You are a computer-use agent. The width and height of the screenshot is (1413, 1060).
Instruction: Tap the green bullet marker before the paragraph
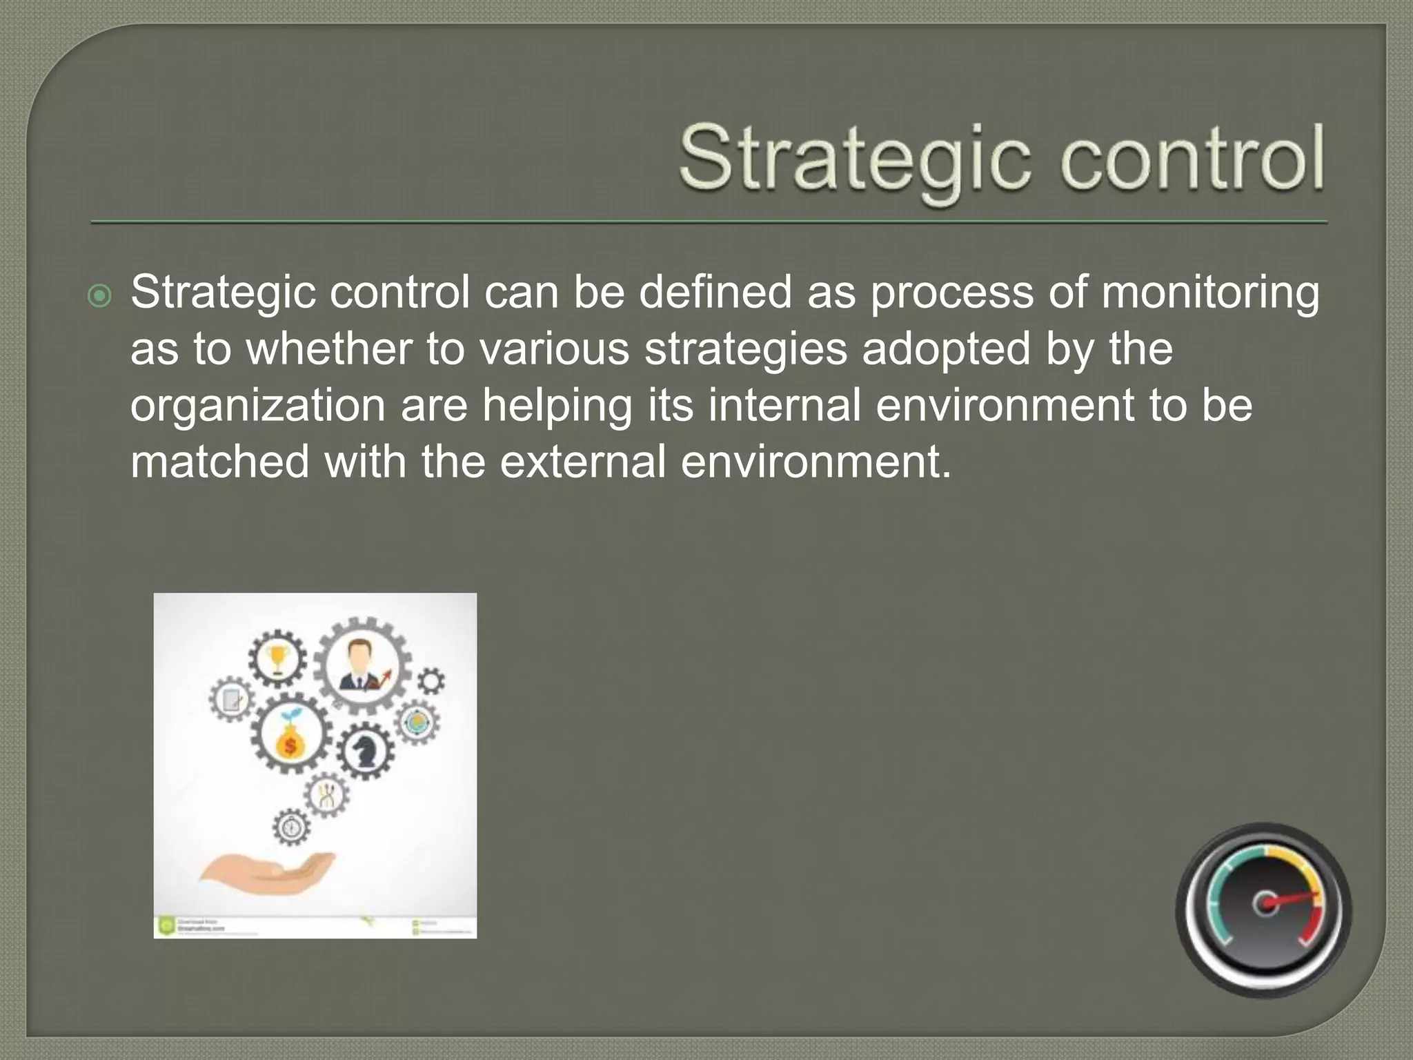coord(100,296)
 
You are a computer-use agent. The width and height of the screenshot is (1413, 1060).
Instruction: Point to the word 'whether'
coord(328,349)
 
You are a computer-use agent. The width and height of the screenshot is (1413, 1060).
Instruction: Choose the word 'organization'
coord(257,406)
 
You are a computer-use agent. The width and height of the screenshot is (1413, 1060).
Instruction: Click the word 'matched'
coord(219,462)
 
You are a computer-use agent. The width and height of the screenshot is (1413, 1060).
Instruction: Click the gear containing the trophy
coord(277,658)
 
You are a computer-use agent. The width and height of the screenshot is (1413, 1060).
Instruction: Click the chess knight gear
coord(365,751)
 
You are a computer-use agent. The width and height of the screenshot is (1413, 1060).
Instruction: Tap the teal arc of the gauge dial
coord(1219,897)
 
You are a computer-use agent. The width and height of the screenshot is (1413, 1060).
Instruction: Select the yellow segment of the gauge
coord(1297,866)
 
